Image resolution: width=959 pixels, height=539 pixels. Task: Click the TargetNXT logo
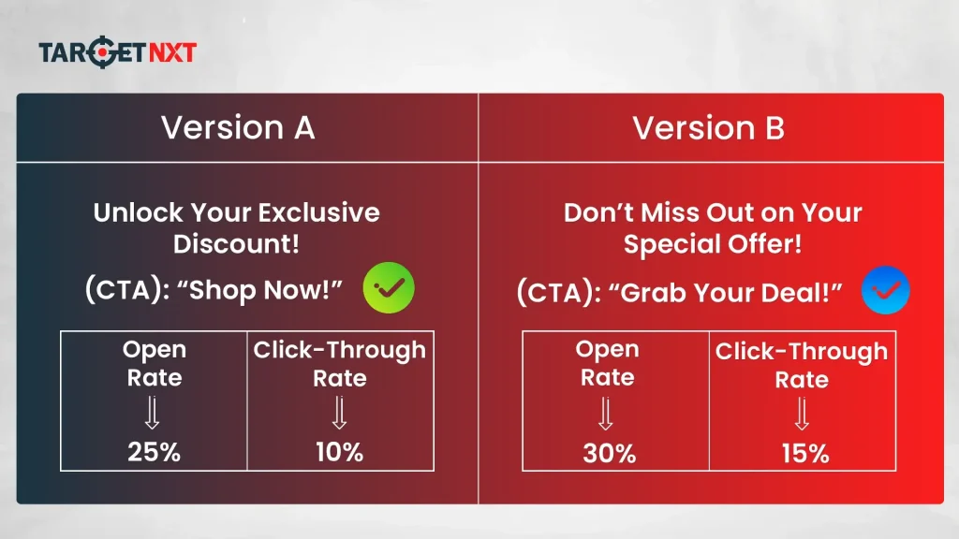click(117, 52)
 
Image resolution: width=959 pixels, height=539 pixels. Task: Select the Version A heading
click(238, 128)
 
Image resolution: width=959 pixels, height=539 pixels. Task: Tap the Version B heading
click(709, 128)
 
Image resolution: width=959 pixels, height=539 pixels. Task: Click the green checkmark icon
click(389, 288)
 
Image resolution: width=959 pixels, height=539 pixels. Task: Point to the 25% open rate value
click(154, 452)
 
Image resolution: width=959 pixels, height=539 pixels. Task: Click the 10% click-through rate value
click(339, 452)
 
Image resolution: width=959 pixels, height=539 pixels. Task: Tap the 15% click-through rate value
click(804, 454)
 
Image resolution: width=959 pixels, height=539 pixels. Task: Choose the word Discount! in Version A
click(236, 244)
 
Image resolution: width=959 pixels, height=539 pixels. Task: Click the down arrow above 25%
click(153, 413)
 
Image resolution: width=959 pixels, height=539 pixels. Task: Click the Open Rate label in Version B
click(607, 363)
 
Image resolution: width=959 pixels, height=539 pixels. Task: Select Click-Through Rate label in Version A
click(339, 363)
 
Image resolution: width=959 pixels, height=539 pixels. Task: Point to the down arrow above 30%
click(607, 413)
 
